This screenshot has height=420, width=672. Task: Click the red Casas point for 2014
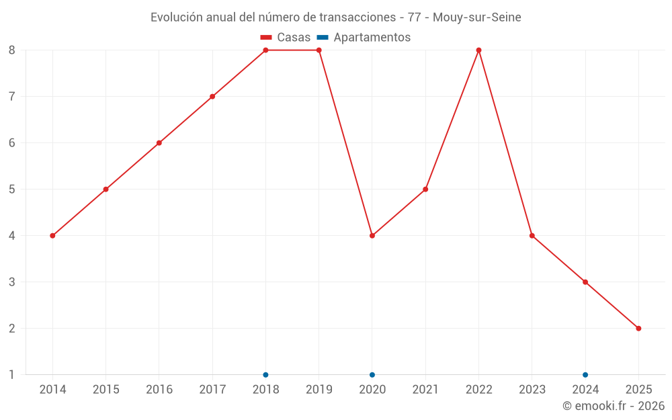[52, 236]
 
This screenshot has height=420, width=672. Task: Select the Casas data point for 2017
[212, 97]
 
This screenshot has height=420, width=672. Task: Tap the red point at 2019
[319, 50]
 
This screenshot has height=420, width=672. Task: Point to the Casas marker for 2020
[372, 236]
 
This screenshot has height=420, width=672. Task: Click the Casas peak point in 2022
[478, 50]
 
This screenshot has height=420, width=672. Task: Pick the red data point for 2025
[638, 329]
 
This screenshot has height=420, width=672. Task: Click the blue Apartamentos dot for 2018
[265, 375]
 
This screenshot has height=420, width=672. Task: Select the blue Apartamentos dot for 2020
[372, 375]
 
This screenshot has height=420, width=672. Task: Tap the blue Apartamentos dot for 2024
[585, 375]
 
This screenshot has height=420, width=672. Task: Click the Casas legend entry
[286, 38]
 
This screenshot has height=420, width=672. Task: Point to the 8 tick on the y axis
[12, 50]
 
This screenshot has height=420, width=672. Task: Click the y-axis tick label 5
[12, 190]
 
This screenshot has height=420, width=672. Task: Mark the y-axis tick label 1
[12, 375]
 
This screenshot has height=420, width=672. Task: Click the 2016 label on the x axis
[159, 390]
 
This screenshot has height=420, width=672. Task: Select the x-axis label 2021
[425, 390]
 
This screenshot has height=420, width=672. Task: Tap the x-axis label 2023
[532, 390]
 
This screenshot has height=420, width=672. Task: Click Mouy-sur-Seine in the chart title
[476, 17]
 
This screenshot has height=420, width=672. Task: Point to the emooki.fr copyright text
[614, 406]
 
